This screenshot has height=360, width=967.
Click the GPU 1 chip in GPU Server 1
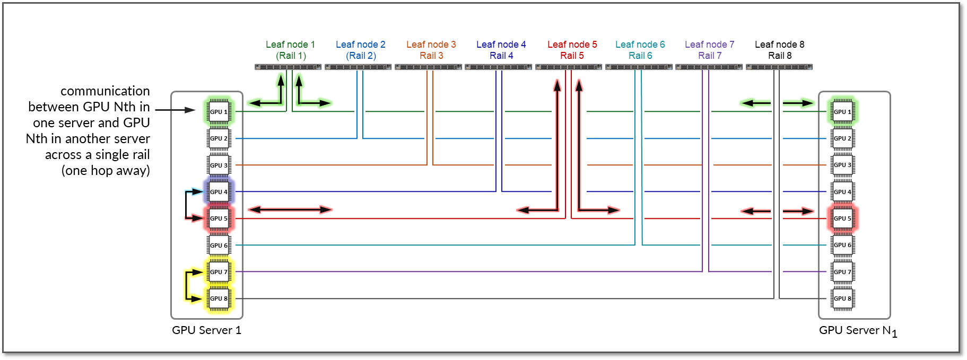(219, 111)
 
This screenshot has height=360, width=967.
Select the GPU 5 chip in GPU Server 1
(219, 218)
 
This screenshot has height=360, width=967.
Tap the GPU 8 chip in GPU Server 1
(219, 298)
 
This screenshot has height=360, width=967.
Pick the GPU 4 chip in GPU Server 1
(219, 191)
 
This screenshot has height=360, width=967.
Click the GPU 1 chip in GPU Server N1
(842, 111)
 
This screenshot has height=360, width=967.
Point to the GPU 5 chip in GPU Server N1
(842, 218)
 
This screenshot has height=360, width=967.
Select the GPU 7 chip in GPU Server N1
(842, 271)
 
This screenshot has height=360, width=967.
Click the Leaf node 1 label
(290, 45)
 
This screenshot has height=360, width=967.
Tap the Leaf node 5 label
(572, 45)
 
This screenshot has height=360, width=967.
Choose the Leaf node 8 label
(779, 45)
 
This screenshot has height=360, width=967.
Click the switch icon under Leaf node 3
(428, 67)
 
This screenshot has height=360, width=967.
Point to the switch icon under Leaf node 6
(639, 67)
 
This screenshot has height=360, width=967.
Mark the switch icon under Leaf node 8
(779, 67)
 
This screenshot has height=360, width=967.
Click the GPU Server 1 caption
(206, 330)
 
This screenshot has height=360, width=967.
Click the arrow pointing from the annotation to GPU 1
(176, 110)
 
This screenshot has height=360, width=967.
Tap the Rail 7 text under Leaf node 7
(710, 56)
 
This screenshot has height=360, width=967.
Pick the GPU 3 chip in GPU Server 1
(219, 165)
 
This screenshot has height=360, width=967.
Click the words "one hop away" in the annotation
(106, 171)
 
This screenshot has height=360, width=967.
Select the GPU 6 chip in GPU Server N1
(842, 245)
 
